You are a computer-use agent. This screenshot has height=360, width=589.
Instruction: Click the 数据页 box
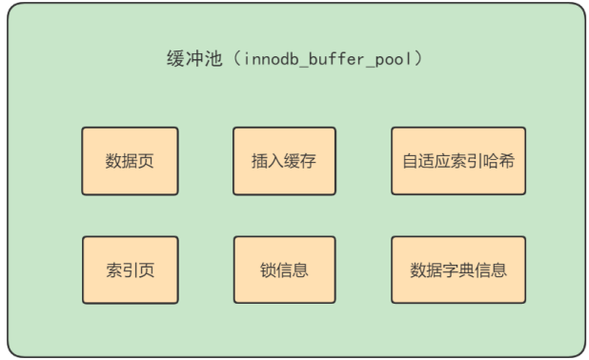click(130, 161)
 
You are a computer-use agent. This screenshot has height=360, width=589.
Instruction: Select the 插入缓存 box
click(284, 161)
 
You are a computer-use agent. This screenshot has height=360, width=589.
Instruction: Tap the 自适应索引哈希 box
click(457, 161)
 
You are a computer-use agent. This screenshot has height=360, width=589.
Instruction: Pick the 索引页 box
click(130, 270)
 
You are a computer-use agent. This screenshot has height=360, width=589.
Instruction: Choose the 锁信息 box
click(284, 270)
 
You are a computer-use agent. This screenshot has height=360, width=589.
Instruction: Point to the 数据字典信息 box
click(457, 270)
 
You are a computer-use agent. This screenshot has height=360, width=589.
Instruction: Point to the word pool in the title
click(397, 59)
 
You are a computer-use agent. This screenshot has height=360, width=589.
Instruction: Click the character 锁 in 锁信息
click(267, 270)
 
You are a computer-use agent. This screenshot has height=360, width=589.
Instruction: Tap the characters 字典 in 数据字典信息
click(457, 270)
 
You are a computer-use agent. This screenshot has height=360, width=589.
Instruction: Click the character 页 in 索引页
click(147, 270)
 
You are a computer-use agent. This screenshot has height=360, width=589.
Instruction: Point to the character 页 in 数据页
click(147, 161)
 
